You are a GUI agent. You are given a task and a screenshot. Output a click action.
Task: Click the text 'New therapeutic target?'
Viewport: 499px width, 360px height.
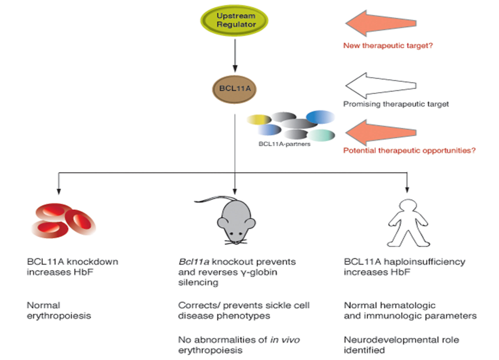click(x=389, y=46)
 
